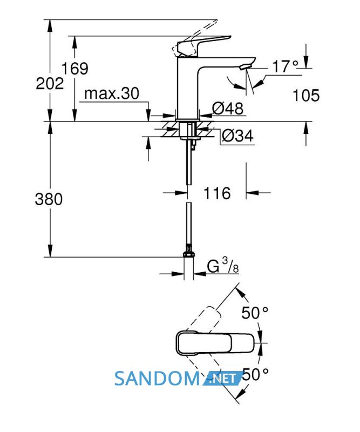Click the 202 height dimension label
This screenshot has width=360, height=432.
(50, 83)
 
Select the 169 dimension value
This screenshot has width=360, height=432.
(74, 69)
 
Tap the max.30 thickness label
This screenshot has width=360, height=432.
(112, 93)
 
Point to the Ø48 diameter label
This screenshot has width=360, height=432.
(228, 109)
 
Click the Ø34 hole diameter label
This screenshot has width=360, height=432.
(237, 136)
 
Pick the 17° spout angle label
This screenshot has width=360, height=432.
(285, 66)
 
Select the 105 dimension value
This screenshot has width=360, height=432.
(306, 96)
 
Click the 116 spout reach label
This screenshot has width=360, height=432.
(217, 193)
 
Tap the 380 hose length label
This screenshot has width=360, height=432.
(49, 199)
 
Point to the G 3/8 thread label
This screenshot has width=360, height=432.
(223, 266)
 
